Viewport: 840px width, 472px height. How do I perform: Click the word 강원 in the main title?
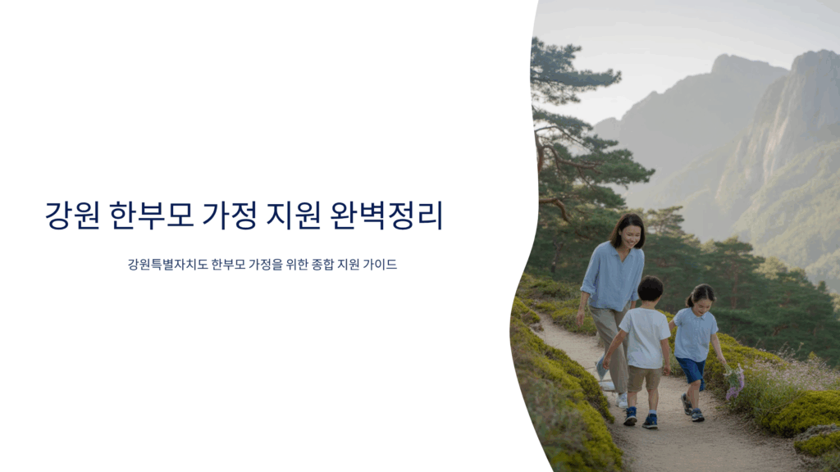coord(72,216)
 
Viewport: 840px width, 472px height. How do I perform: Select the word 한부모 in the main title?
coord(151,216)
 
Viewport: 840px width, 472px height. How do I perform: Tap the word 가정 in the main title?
coord(230,216)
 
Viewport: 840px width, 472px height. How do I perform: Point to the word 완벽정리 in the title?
coord(387,216)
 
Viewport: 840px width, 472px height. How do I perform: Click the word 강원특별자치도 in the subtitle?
coord(167,265)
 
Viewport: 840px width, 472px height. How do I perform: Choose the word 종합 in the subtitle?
coord(322,265)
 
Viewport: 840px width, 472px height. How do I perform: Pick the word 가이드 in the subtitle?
coord(380,265)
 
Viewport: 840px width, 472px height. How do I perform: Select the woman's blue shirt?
coord(612,277)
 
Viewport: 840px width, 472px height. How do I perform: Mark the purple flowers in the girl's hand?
coord(734,383)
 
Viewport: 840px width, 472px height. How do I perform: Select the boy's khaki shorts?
coord(644,378)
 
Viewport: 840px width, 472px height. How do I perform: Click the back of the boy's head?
coord(651,289)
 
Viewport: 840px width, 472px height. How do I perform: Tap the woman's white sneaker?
coord(622,400)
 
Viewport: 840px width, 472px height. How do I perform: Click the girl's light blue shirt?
coord(694,334)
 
